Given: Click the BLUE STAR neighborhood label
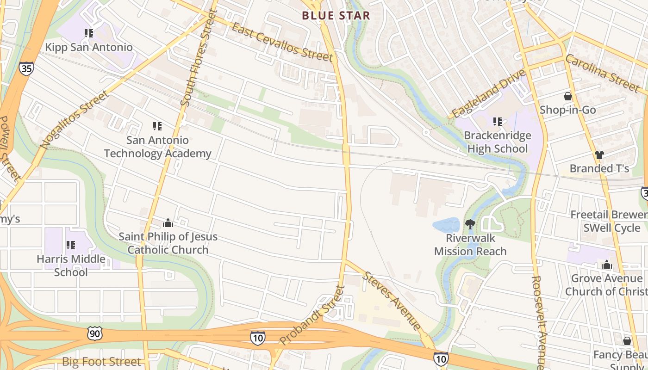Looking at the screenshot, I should pos(336,16).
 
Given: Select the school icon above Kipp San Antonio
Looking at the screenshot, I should pos(89,33).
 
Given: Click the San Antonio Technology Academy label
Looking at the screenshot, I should pos(157,147).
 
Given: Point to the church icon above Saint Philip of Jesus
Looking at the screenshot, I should pos(168,223).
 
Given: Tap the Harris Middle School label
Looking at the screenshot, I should pos(71,265).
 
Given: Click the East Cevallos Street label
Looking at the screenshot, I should pos(282,42).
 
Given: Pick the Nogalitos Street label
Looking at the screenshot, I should pos(74,119).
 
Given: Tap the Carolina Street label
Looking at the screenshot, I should pos(602,73).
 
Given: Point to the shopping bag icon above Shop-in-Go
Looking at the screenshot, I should pos(567,97).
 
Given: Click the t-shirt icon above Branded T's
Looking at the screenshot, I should pos(599,155).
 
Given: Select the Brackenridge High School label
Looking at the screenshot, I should pos(498,142).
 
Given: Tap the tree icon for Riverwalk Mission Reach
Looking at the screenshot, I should pos(470,224).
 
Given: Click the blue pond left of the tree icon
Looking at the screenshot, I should pos(446,225).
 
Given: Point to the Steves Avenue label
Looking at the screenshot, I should pos(392,301).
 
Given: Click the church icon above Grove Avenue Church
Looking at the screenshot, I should pos(606,265).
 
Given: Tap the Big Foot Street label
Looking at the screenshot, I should pos(101,362).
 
